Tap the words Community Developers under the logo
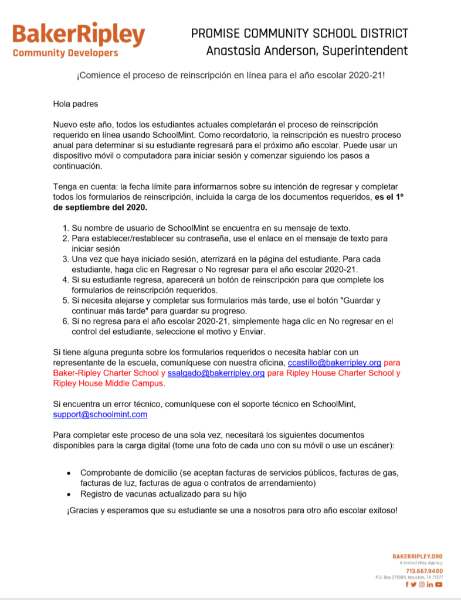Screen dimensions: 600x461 (65, 53)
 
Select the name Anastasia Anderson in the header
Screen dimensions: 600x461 (256, 51)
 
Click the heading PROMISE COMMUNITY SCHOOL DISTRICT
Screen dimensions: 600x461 (300, 33)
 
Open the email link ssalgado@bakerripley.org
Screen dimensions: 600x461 (216, 373)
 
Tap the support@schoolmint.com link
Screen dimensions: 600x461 (100, 414)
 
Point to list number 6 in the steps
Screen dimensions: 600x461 (65, 321)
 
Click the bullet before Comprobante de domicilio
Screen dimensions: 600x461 (69, 473)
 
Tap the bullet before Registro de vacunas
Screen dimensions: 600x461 (69, 494)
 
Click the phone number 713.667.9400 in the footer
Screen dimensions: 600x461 (424, 571)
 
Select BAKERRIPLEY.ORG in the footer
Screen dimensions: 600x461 (418, 556)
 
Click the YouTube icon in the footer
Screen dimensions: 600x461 (439, 584)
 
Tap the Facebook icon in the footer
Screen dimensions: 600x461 (407, 584)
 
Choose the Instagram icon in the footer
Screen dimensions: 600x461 (422, 584)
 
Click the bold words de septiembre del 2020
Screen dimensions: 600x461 (100, 207)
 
